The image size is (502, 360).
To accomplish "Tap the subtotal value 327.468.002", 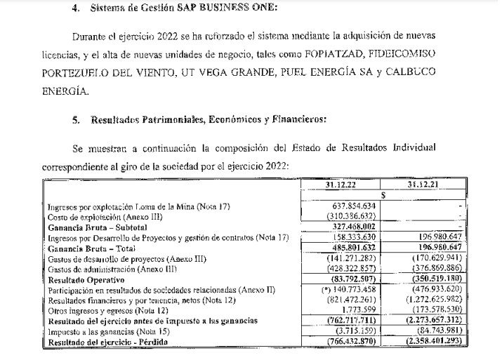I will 355,227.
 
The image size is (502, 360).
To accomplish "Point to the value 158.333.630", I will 355,237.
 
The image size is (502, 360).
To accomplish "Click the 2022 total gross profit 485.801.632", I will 355,248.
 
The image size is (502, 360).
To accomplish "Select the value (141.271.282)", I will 355,258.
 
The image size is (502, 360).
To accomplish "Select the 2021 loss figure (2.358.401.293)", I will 440,342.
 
